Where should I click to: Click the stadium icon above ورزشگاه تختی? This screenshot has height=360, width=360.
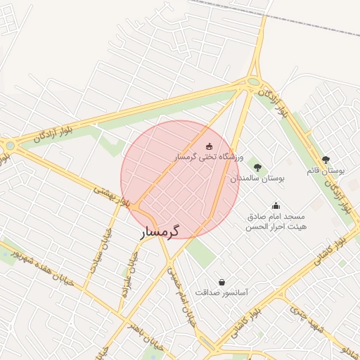click(208, 146)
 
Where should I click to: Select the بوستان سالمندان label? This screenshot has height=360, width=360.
click(257, 179)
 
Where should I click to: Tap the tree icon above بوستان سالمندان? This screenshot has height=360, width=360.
click(257, 167)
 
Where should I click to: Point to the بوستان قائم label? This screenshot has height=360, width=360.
click(326, 171)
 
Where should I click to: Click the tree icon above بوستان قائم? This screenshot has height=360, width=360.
click(325, 160)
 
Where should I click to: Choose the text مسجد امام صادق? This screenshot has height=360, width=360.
click(276, 217)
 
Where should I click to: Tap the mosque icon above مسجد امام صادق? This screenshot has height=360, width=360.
click(276, 205)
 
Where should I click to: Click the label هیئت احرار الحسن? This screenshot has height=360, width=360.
click(276, 227)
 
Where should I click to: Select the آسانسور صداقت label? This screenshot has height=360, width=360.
click(221, 292)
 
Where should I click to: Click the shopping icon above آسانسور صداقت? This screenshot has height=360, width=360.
click(222, 281)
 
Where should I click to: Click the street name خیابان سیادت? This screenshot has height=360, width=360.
click(97, 259)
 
